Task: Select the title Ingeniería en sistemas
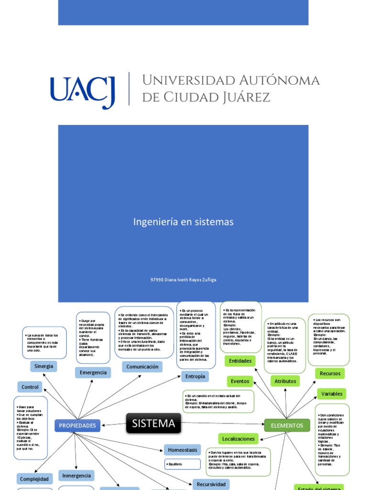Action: click(183, 222)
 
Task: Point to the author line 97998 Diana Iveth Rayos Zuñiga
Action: click(183, 280)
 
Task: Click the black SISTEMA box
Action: click(153, 423)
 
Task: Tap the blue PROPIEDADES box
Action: click(77, 425)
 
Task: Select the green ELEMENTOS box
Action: click(287, 425)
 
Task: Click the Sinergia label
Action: click(43, 367)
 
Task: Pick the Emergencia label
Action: click(93, 373)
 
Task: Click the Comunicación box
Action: click(142, 367)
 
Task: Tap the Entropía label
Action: click(195, 377)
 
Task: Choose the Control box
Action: click(30, 387)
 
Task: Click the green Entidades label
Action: click(240, 361)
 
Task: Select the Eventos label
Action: click(240, 381)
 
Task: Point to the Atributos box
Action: click(285, 381)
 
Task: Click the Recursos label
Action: click(330, 373)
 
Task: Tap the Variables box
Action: click(332, 394)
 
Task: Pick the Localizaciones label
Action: click(239, 438)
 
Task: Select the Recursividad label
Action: click(211, 484)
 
